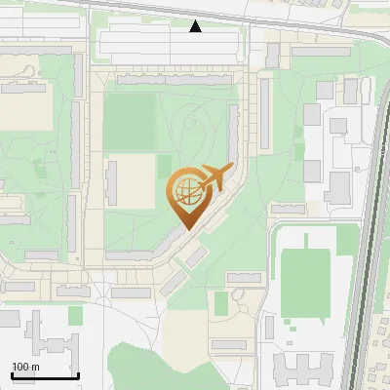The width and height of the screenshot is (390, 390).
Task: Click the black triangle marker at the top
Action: tap(196, 26)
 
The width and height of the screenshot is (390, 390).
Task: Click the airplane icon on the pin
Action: tap(215, 177)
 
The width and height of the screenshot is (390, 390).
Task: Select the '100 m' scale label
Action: tap(25, 367)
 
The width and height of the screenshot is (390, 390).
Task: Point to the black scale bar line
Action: tap(45, 375)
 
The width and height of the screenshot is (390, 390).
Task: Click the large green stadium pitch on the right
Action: tap(305, 283)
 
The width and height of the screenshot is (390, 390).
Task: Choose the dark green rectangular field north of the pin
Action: tap(129, 121)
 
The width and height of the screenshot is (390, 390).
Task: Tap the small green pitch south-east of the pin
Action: tap(222, 302)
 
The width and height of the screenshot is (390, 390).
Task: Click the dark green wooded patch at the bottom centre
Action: tap(146, 366)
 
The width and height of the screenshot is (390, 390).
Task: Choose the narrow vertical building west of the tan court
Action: tap(112, 183)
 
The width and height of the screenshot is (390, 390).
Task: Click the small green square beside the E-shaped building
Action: tap(76, 315)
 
